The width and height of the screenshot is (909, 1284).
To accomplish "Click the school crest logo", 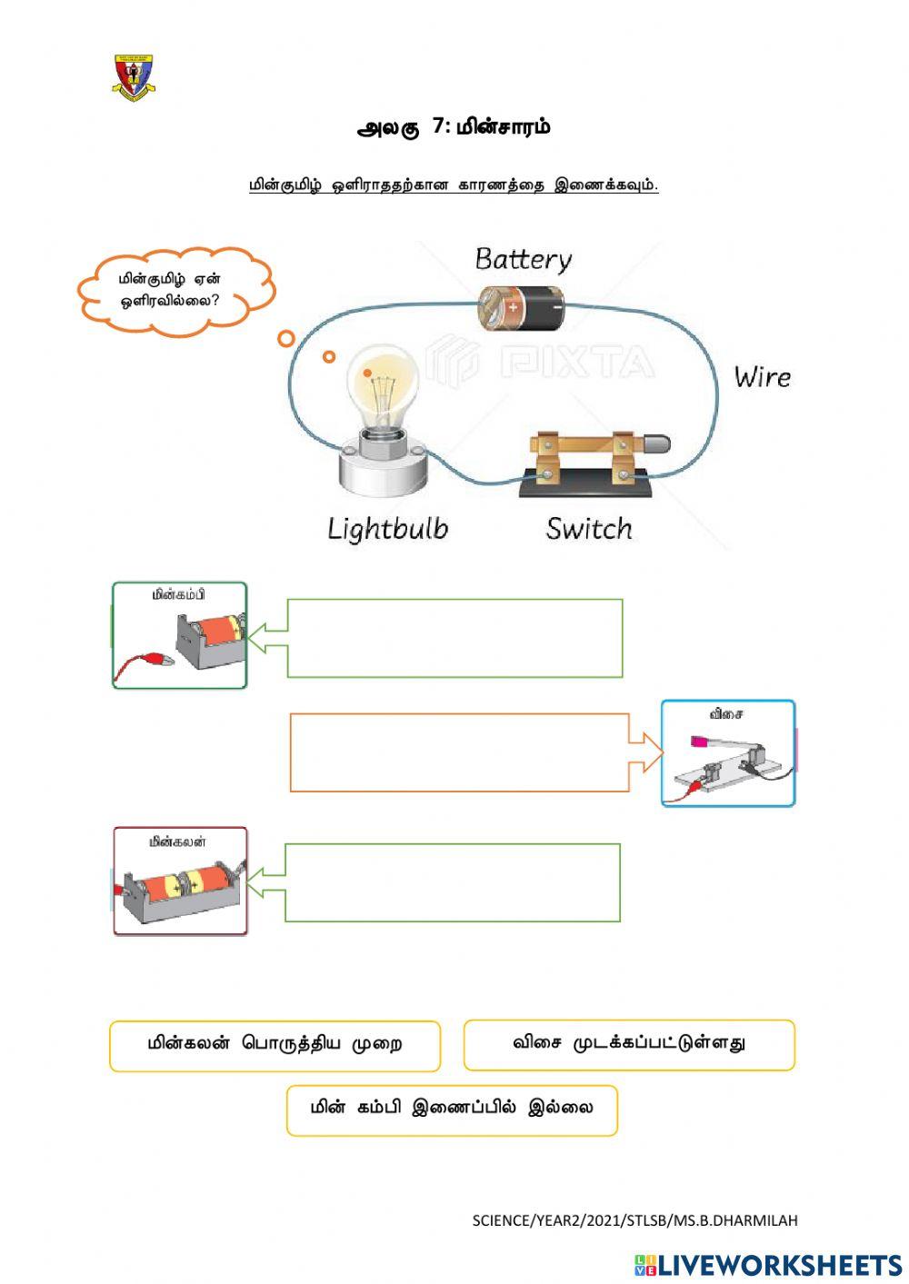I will pos(134,78).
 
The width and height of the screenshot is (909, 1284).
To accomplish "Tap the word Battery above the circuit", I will pos(524,260).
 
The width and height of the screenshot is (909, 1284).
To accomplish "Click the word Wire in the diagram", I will pos(762,377).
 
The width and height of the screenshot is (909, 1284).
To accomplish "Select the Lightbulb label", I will pos(388,528).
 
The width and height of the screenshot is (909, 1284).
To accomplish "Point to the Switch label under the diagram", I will pos(588,528).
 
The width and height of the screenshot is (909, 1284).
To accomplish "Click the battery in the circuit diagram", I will pos(522,308).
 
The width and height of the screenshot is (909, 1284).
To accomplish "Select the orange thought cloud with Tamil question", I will pos(175,290).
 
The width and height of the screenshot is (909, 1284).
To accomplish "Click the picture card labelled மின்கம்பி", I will pos(180,635).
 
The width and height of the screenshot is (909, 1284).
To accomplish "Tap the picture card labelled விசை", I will pos(728,753).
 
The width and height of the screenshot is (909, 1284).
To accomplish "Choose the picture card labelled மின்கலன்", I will pos(180,881).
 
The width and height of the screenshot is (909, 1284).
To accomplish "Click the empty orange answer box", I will pos(459,752).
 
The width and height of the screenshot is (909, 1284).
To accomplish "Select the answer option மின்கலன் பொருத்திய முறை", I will pos(275,1045).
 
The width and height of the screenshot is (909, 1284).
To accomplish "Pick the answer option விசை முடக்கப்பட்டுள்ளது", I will pos(629,1044).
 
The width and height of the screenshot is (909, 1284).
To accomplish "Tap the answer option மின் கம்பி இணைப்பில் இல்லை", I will pos(452,1110).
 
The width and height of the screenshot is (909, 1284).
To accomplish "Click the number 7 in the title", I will pos(439,126).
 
